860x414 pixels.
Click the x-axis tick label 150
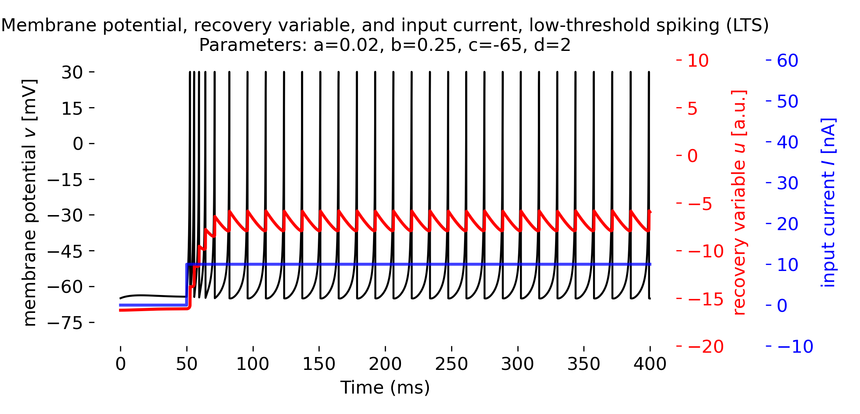[319, 364]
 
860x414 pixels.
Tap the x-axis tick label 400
[650, 364]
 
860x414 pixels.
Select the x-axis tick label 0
[121, 364]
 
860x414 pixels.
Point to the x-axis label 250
[451, 364]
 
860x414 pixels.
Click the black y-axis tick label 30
[72, 72]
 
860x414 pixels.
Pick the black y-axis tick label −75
[65, 323]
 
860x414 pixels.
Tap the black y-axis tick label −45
[65, 251]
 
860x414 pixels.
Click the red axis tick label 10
[698, 61]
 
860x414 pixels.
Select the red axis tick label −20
[706, 347]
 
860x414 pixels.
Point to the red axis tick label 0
[692, 156]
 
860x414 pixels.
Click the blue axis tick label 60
[787, 61]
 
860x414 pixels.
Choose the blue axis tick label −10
[795, 347]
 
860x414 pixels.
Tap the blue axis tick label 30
[787, 183]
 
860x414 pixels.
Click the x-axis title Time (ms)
[385, 388]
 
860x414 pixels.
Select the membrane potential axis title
[29, 203]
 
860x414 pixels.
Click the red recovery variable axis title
[739, 203]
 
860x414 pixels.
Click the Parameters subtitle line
[385, 45]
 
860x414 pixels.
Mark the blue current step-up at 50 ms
[186, 285]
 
